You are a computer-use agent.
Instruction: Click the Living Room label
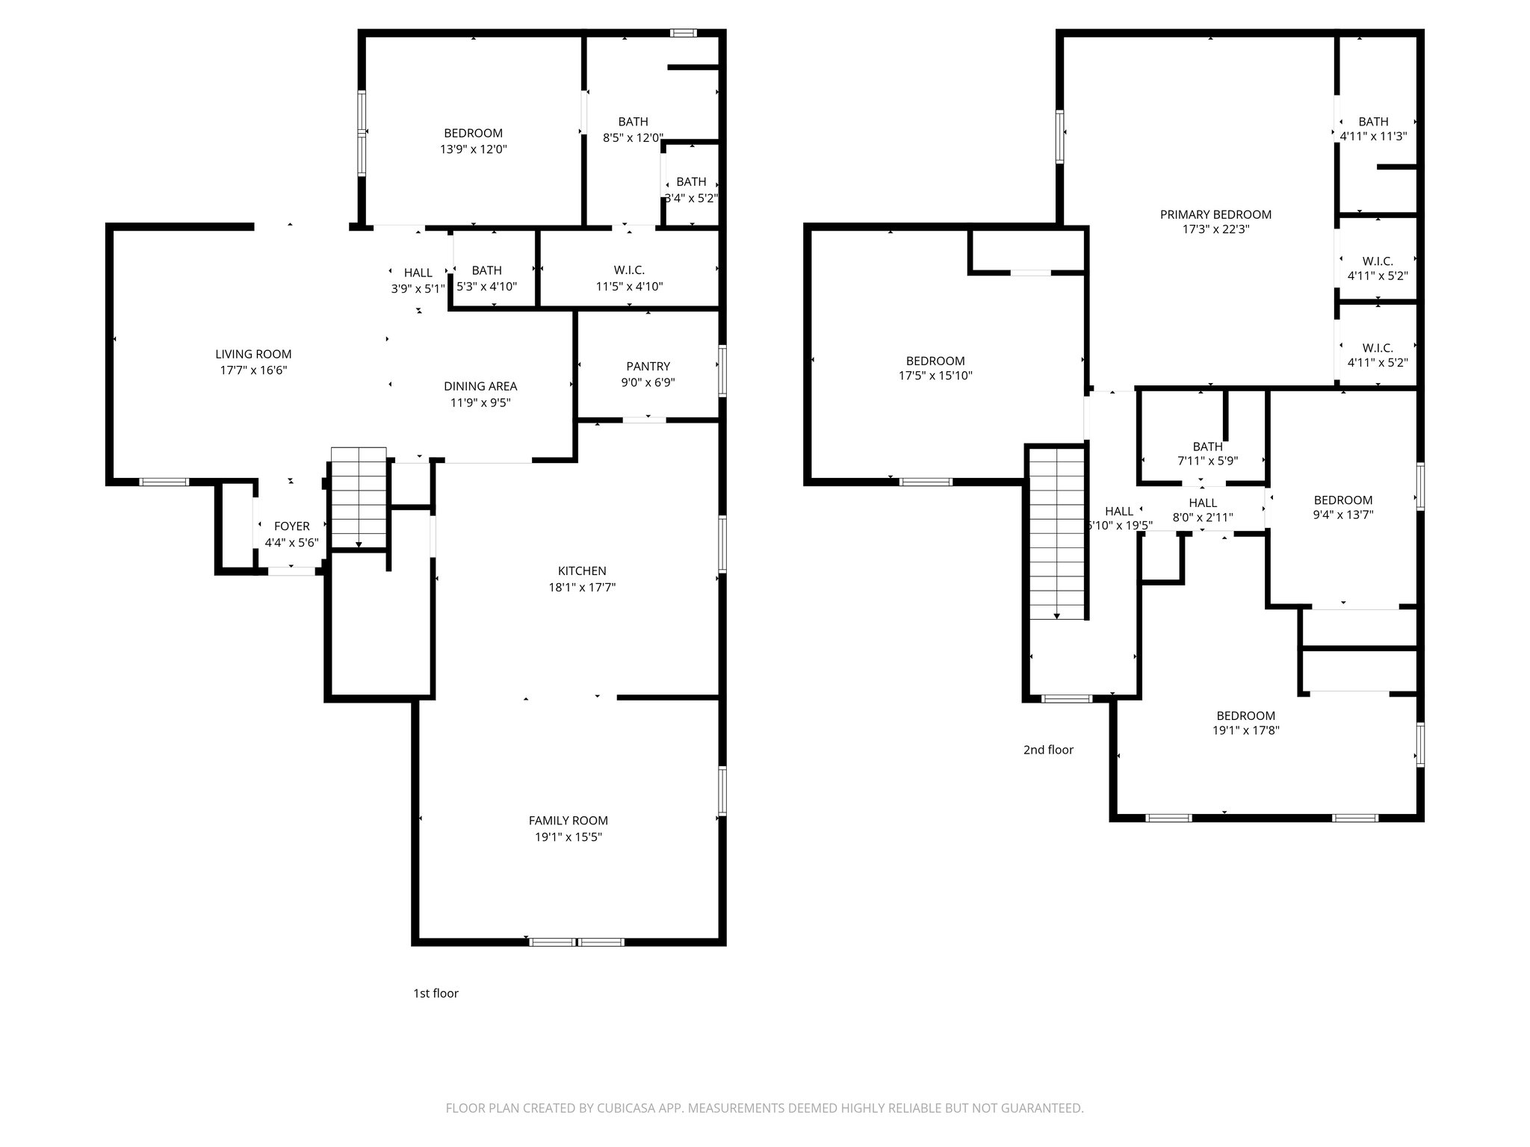point(253,354)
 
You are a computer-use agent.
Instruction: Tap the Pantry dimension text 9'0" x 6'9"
point(648,382)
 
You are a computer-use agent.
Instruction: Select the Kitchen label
point(582,571)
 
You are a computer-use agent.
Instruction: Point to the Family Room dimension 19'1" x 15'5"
point(568,837)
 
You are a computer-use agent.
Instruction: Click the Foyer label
point(291,526)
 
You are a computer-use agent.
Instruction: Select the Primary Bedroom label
point(1215,214)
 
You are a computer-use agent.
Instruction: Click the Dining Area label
point(480,386)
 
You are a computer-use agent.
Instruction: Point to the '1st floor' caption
point(436,993)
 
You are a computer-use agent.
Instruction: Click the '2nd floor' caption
point(1048,750)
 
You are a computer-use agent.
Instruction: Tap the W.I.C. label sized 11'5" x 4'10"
point(629,270)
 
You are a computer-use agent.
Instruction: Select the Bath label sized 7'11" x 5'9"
point(1207,447)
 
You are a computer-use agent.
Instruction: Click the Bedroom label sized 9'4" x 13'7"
point(1343,500)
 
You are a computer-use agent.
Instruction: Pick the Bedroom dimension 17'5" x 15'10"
point(935,376)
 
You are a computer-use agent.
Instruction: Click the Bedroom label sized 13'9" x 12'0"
point(473,134)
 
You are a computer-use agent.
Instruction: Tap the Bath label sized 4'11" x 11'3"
point(1373,122)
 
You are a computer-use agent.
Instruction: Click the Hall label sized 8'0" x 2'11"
point(1203,503)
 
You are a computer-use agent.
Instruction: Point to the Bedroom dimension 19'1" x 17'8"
point(1245,731)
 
